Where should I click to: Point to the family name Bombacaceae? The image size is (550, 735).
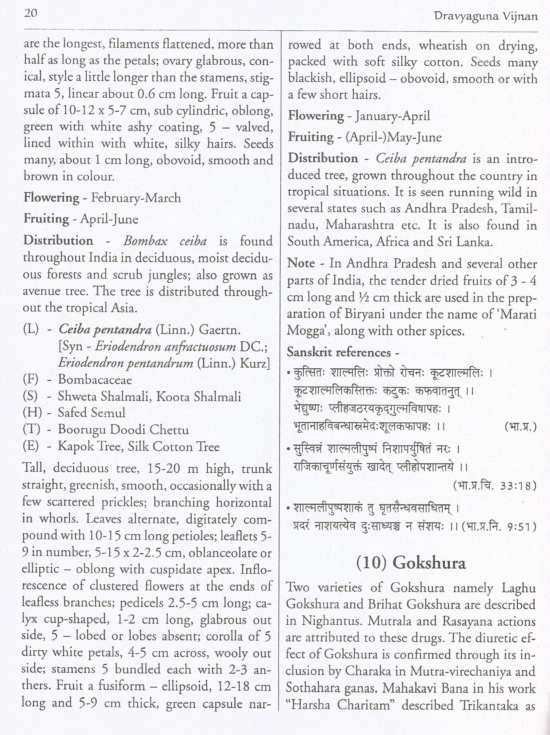(x=95, y=380)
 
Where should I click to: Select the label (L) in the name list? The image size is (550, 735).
(x=31, y=330)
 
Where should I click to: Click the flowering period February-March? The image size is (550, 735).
(x=136, y=198)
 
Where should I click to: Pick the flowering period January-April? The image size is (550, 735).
(x=393, y=116)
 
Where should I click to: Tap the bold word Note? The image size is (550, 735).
(x=301, y=264)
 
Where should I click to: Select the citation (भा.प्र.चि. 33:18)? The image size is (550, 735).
(x=495, y=486)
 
